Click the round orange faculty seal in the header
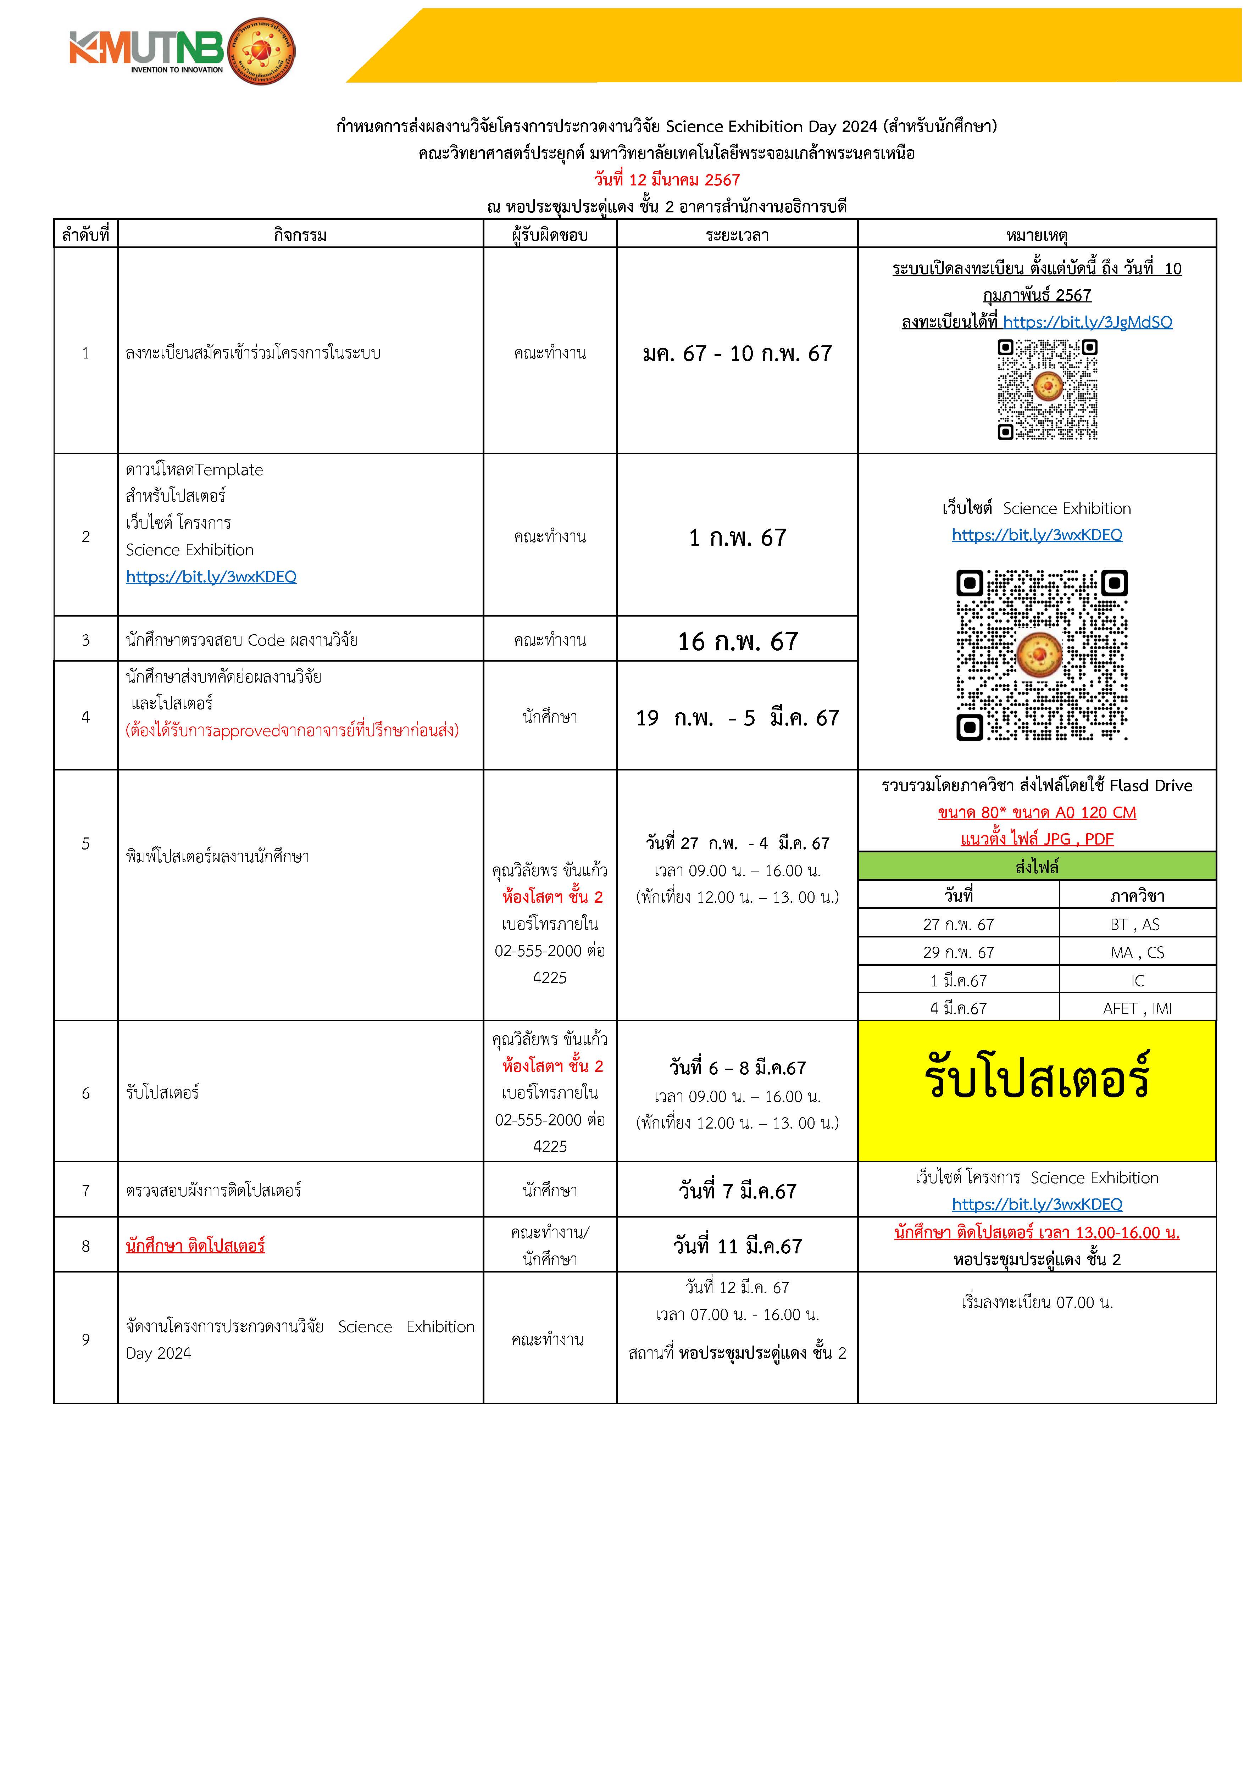pyautogui.click(x=262, y=51)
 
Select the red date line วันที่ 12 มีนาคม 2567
pyautogui.click(x=667, y=180)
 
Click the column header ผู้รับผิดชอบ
pyautogui.click(x=550, y=234)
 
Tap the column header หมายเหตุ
pyautogui.click(x=1037, y=234)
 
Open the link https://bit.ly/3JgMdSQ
pyautogui.click(x=1087, y=322)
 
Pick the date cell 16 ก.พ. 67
pyautogui.click(x=737, y=641)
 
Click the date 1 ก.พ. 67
pyautogui.click(x=737, y=538)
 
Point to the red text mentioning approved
pyautogui.click(x=292, y=730)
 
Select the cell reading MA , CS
pyautogui.click(x=1137, y=952)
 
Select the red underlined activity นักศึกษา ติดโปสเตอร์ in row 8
pyautogui.click(x=195, y=1245)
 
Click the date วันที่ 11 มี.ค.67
pyautogui.click(x=737, y=1246)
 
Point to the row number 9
pyautogui.click(x=85, y=1339)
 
